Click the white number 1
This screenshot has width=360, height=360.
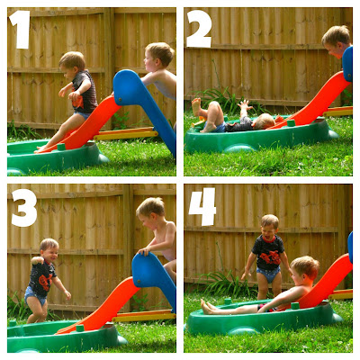[21, 30]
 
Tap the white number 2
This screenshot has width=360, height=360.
[199, 29]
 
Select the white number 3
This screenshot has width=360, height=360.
[24, 208]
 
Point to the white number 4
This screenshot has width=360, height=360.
[202, 206]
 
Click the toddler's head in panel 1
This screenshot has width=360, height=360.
[72, 64]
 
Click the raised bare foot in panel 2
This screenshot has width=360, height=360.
[197, 107]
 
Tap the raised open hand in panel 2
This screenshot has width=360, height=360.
[245, 105]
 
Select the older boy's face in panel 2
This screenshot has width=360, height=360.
[334, 48]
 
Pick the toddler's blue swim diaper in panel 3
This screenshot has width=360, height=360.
[35, 294]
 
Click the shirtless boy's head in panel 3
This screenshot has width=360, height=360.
[150, 211]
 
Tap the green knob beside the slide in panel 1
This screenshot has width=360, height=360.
[61, 147]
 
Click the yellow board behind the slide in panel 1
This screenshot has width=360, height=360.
[126, 134]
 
